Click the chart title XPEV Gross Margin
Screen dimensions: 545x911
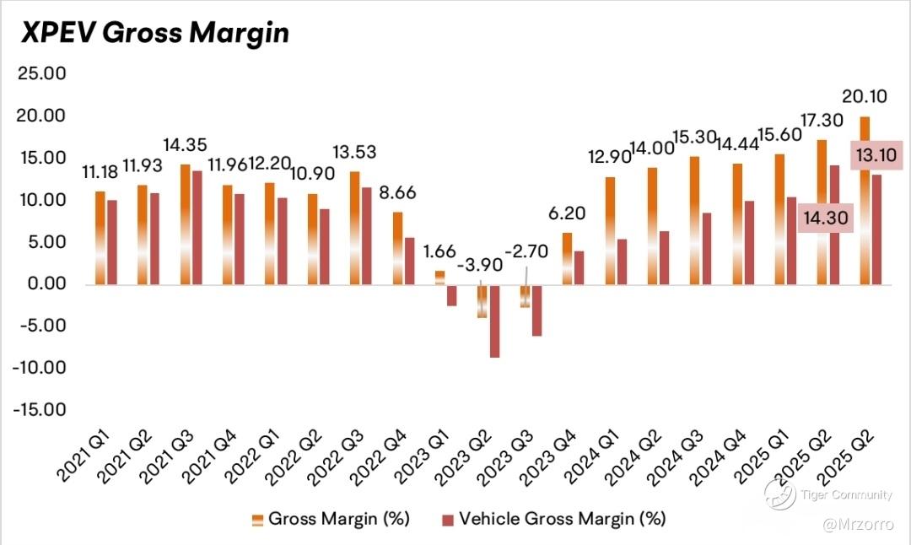(x=154, y=32)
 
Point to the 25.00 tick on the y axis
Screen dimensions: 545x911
(x=41, y=73)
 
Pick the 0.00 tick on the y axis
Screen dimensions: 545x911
(x=46, y=284)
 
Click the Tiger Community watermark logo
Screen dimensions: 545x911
(x=780, y=494)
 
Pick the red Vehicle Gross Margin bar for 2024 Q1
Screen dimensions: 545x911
(x=622, y=262)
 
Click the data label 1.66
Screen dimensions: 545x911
(x=437, y=251)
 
